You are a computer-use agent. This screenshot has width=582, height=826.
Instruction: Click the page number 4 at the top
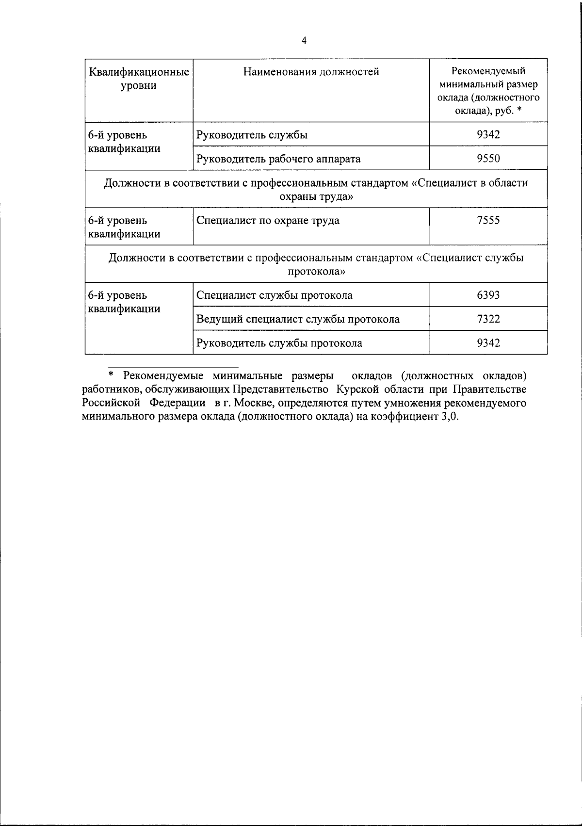click(x=304, y=41)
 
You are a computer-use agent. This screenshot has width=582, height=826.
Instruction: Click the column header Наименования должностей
click(x=311, y=72)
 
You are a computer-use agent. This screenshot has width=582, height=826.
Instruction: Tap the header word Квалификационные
click(x=139, y=72)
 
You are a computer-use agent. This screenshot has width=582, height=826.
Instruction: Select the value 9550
click(x=488, y=159)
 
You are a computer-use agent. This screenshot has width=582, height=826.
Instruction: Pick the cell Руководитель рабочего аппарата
click(x=278, y=159)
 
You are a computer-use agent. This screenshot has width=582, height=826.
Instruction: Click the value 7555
click(x=488, y=220)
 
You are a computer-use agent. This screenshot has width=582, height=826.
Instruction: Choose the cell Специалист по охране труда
click(x=268, y=220)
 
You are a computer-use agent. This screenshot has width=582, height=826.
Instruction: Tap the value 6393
click(x=488, y=295)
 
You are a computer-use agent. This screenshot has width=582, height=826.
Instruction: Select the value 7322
click(x=488, y=319)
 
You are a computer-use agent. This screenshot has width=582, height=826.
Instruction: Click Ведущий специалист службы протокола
click(x=298, y=319)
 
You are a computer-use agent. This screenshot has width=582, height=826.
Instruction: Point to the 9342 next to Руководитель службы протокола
click(x=488, y=343)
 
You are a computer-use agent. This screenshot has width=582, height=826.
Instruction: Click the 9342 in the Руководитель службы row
click(x=488, y=134)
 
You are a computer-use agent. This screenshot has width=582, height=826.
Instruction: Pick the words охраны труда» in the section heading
click(x=316, y=197)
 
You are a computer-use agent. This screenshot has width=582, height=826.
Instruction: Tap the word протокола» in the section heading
click(x=316, y=272)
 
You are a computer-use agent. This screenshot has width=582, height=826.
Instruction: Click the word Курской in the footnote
click(x=357, y=389)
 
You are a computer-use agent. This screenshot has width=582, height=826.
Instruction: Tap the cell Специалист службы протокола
click(x=275, y=295)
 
